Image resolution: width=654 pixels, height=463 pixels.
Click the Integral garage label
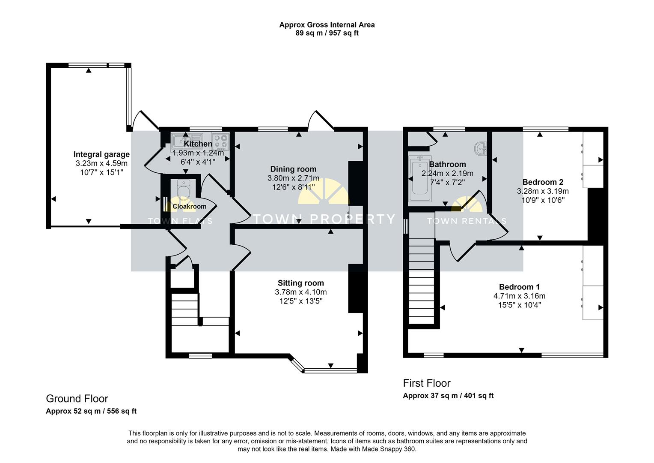pyautogui.click(x=101, y=154)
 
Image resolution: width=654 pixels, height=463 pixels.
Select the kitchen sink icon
pyautogui.click(x=183, y=140)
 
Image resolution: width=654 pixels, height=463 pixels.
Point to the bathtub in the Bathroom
pyautogui.click(x=421, y=180)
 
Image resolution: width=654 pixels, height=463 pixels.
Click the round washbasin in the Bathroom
pyautogui.click(x=481, y=148)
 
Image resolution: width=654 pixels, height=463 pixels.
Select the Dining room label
pyautogui.click(x=293, y=169)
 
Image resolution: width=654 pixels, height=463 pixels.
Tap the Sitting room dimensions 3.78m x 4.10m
pyautogui.click(x=300, y=292)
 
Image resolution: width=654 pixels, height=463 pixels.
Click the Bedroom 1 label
pyautogui.click(x=519, y=287)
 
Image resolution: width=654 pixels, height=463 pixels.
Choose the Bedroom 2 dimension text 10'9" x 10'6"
pyautogui.click(x=543, y=200)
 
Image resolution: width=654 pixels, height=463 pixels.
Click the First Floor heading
pyautogui.click(x=426, y=383)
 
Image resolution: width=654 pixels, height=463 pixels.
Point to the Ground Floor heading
pyautogui.click(x=77, y=399)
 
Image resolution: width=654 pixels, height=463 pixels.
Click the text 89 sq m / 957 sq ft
pyautogui.click(x=327, y=33)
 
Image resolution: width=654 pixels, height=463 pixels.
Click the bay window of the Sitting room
pyautogui.click(x=330, y=370)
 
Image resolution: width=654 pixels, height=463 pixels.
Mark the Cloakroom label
pyautogui.click(x=189, y=206)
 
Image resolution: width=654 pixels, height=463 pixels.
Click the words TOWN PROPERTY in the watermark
pyautogui.click(x=324, y=219)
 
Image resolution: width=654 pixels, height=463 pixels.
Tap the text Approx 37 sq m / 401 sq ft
pyautogui.click(x=448, y=396)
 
